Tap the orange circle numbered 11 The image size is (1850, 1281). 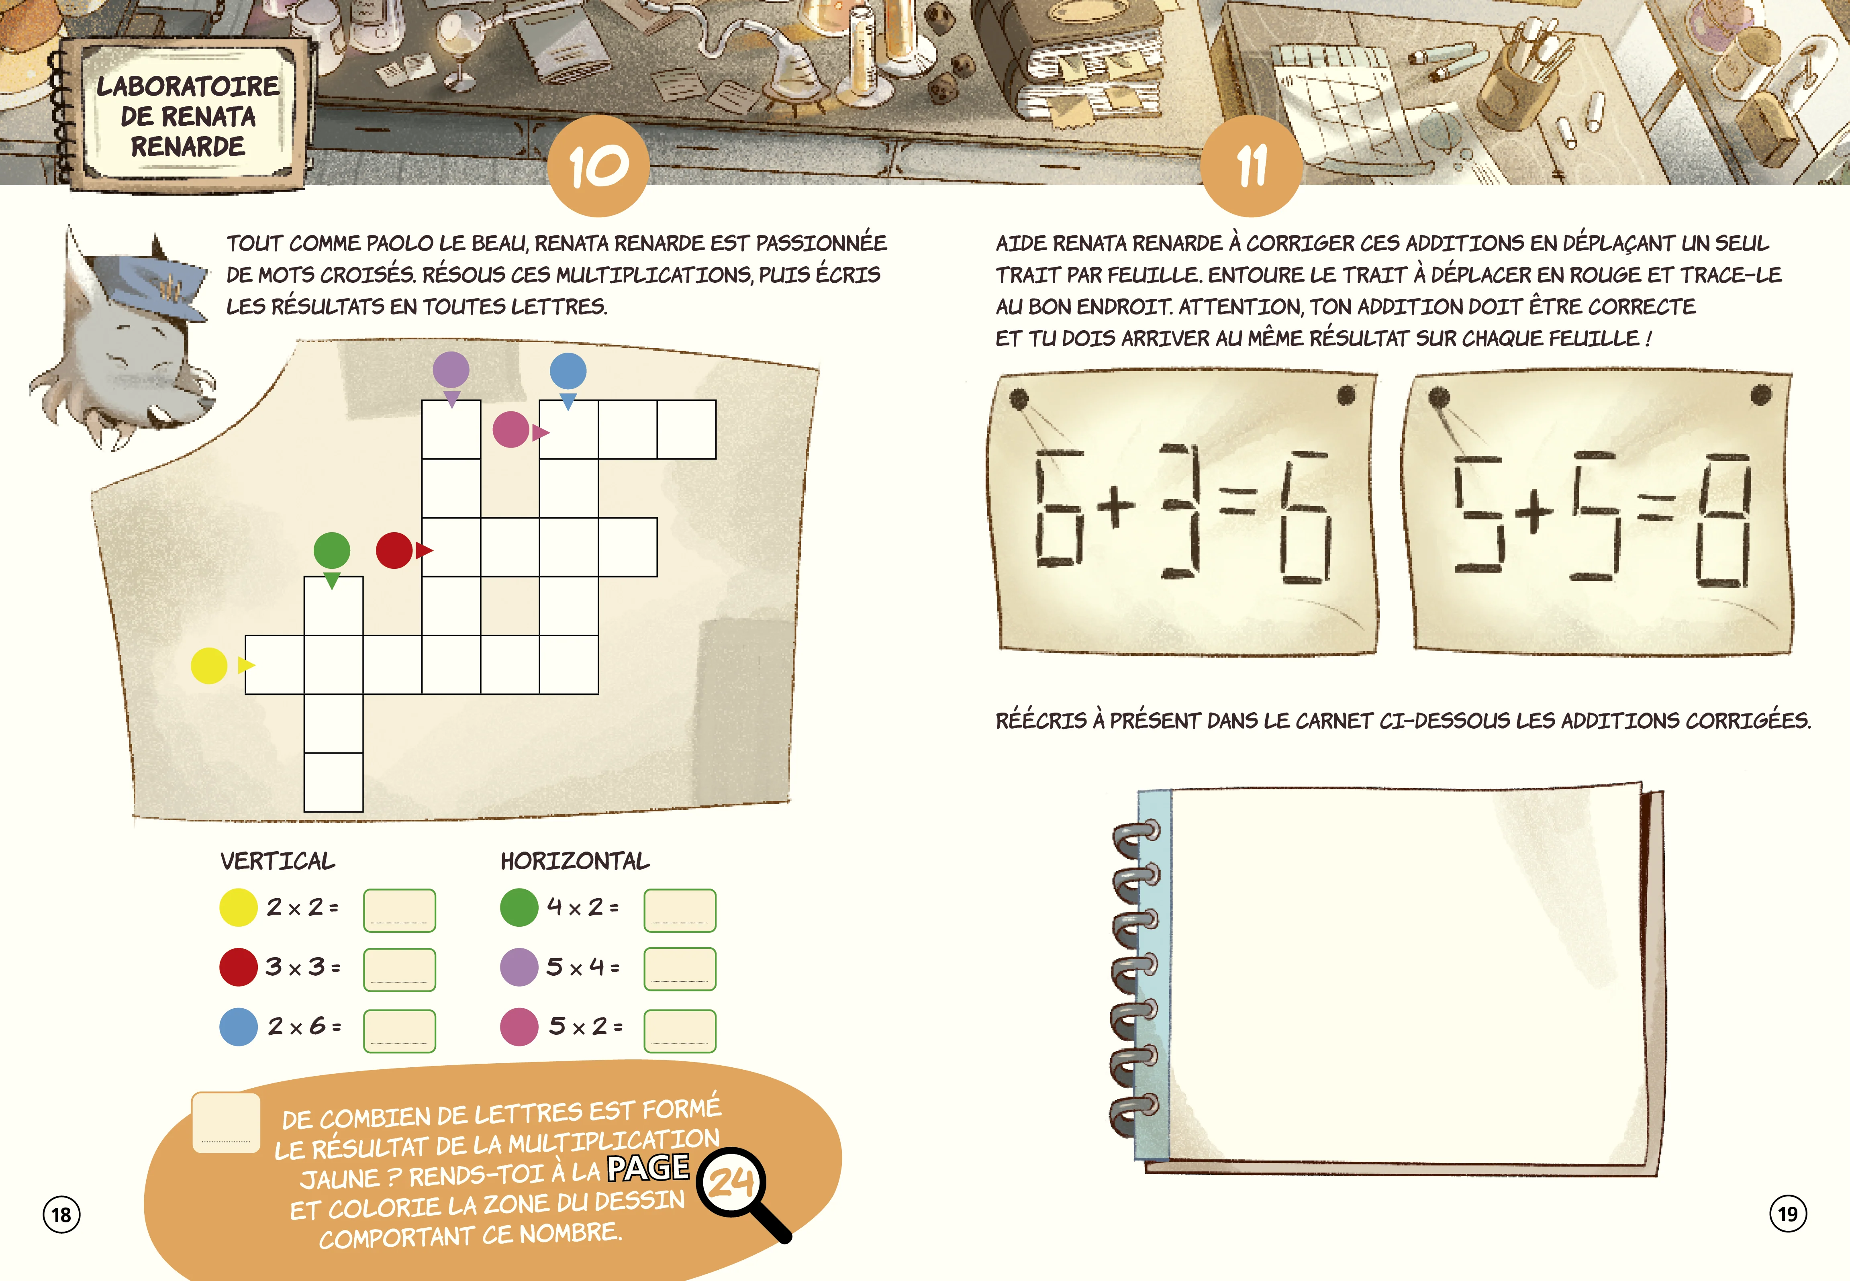point(1251,166)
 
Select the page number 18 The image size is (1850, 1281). point(62,1214)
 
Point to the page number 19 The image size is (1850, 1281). point(1788,1214)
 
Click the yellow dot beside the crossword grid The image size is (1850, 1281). point(209,665)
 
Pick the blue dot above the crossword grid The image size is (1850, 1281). point(568,371)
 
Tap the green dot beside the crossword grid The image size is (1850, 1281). point(331,551)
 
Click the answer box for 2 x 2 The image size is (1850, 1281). point(400,910)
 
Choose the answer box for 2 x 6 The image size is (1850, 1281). point(400,1031)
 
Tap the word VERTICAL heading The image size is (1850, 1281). point(278,861)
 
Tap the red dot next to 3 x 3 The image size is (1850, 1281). point(238,967)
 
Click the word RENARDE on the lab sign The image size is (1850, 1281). point(188,147)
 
